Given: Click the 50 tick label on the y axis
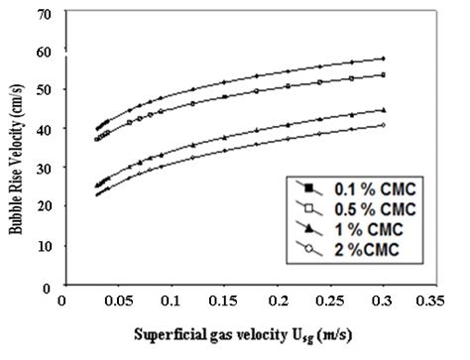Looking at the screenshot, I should pyautogui.click(x=43, y=89).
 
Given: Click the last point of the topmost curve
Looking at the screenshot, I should pyautogui.click(x=383, y=59).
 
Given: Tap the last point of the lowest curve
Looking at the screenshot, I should pyautogui.click(x=383, y=125).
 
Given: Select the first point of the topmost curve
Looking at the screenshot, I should pyautogui.click(x=97, y=129).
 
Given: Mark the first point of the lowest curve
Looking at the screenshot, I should pyautogui.click(x=97, y=194).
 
